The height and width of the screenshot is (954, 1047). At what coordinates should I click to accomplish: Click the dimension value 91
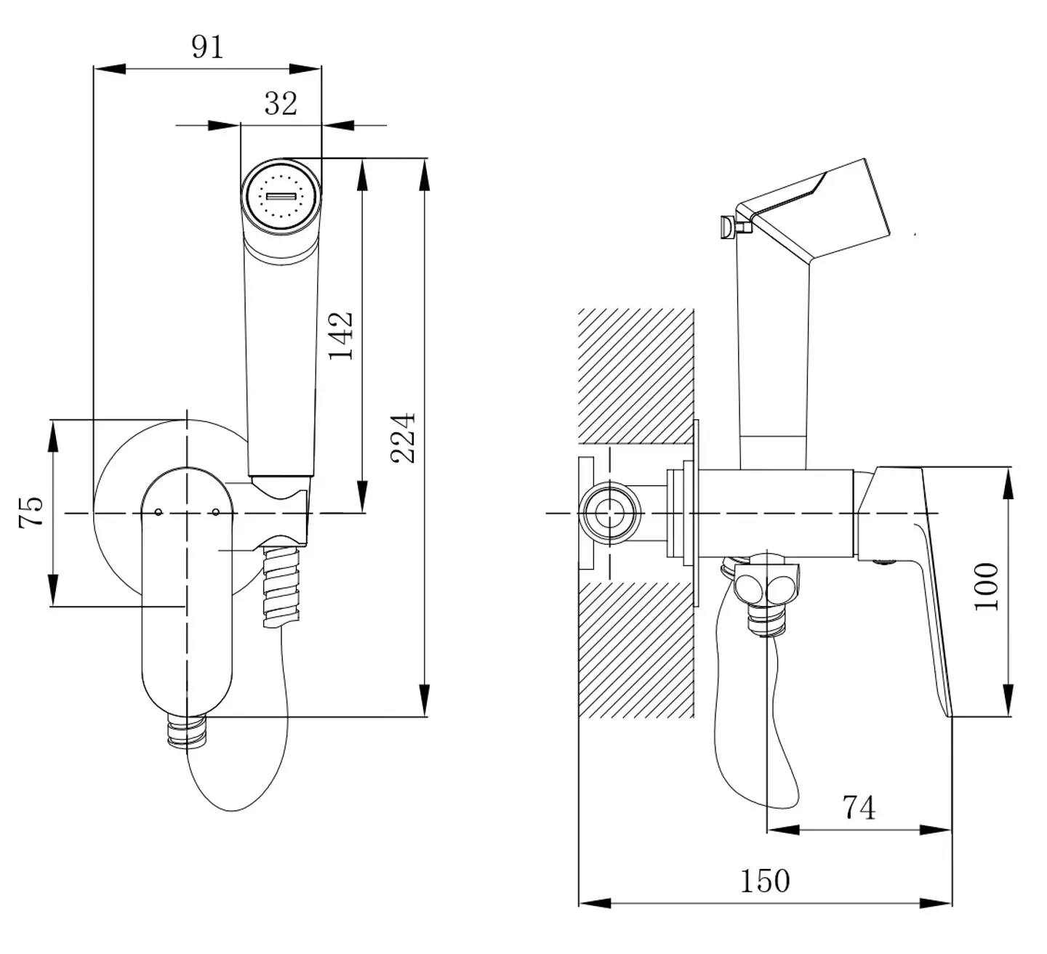point(207,47)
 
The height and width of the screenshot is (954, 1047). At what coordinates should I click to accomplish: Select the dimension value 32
point(281,103)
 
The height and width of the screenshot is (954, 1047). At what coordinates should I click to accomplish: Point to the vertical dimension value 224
point(403,437)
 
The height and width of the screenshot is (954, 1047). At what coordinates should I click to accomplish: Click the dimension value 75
point(31,512)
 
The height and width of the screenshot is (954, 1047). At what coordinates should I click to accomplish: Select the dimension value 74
point(859,807)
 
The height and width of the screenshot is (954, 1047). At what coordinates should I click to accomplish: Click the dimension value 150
point(765,881)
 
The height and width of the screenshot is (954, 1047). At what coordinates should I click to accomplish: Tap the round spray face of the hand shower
point(281,196)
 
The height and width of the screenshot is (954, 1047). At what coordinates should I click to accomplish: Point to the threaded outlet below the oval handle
point(187,731)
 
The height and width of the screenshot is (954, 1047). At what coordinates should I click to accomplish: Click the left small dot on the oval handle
point(159,512)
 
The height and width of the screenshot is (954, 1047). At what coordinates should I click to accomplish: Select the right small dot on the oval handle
point(216,512)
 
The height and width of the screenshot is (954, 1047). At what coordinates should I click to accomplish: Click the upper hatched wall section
point(635,374)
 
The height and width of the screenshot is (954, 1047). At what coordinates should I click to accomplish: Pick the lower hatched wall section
point(635,649)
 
